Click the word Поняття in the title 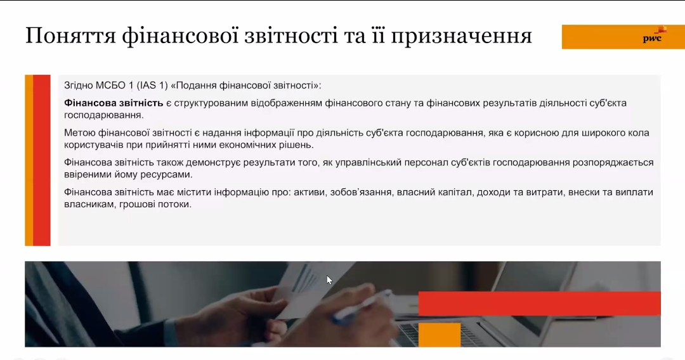pyautogui.click(x=70, y=35)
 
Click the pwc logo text pyautogui.click(x=652, y=39)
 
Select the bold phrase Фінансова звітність pyautogui.click(x=114, y=103)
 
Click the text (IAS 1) pyautogui.click(x=152, y=86)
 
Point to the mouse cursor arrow pyautogui.click(x=329, y=280)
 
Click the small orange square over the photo pyautogui.click(x=440, y=335)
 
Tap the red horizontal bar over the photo pyautogui.click(x=540, y=303)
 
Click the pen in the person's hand pyautogui.click(x=362, y=307)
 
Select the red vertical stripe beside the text pyautogui.click(x=42, y=160)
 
